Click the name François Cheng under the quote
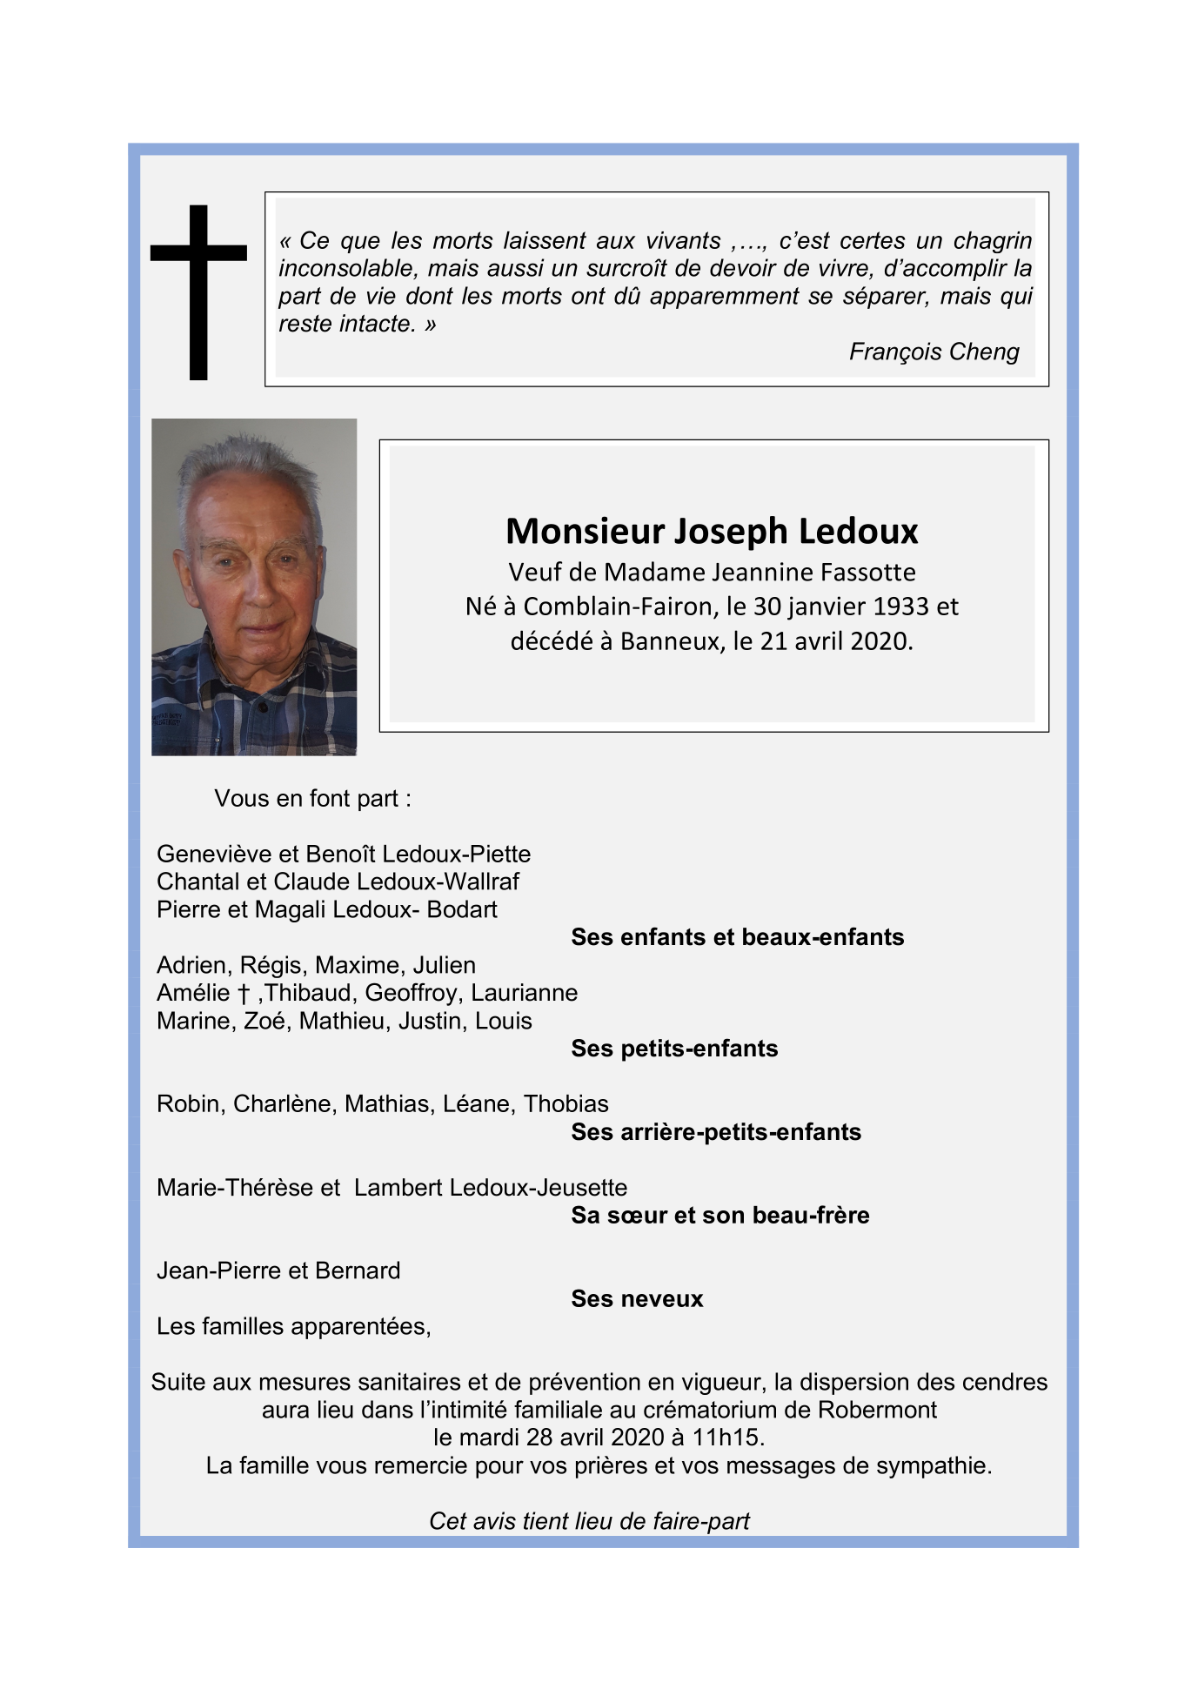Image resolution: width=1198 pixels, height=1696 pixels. pos(934,352)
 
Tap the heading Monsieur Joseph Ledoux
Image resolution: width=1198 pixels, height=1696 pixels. pos(712,531)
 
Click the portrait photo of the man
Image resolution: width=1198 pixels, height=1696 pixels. pos(254,587)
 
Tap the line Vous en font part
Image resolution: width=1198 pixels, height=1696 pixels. pos(312,799)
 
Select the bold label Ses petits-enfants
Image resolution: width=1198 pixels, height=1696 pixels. pos(674,1049)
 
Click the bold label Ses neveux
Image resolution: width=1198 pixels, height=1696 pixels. pos(637,1299)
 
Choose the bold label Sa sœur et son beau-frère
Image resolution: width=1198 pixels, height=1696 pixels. pos(719,1216)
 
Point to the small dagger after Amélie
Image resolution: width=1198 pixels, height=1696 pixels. pos(244,994)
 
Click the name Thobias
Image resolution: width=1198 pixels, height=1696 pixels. pos(566,1104)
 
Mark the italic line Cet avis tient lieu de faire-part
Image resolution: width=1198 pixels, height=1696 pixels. pos(589,1521)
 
